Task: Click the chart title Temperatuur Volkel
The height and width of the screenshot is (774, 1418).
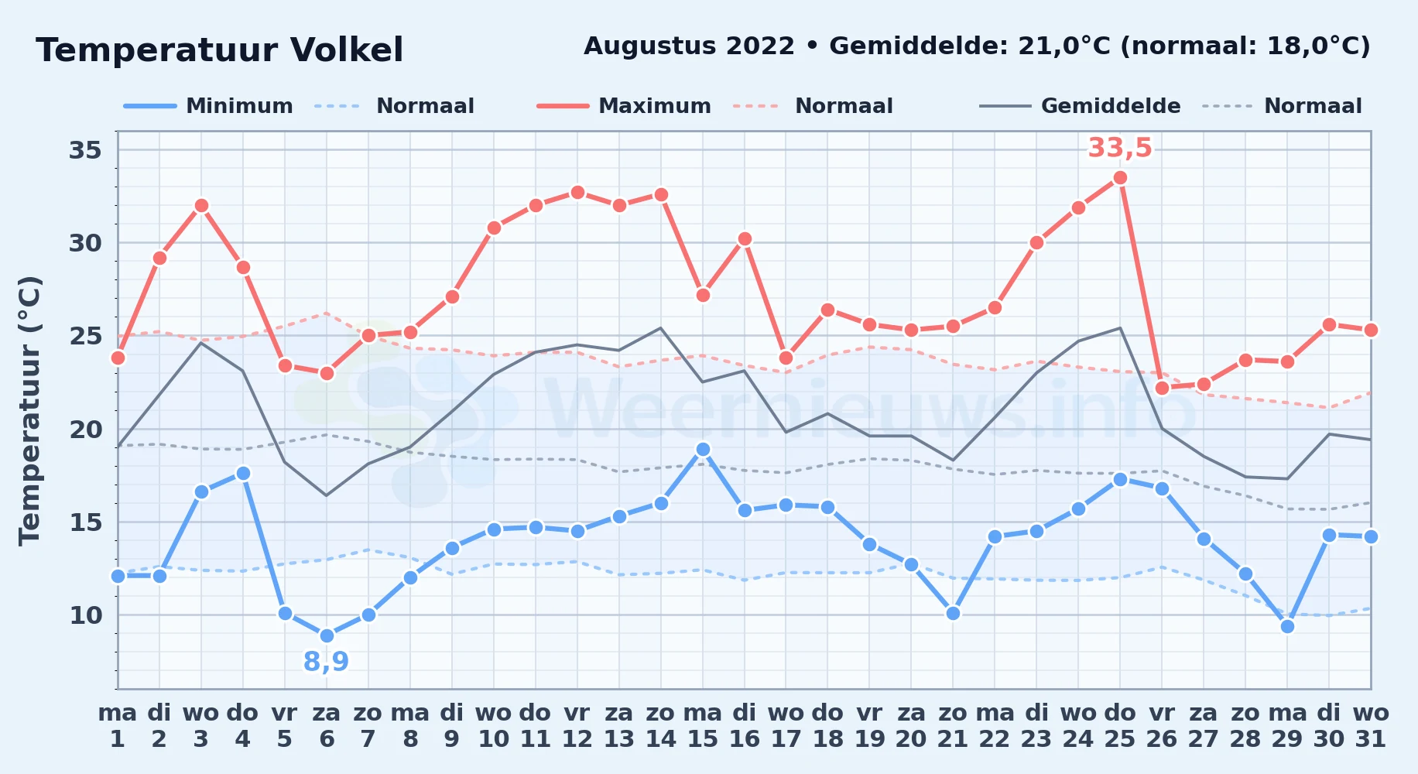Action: [x=220, y=50]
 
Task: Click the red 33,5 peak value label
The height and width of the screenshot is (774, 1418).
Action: [x=1120, y=147]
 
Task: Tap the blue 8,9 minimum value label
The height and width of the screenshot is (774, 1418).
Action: [x=326, y=662]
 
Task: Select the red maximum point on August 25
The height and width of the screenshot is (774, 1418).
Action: [x=1120, y=178]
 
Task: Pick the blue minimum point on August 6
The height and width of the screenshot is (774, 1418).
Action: [x=327, y=635]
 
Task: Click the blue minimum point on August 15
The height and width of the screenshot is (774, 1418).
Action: [x=703, y=449]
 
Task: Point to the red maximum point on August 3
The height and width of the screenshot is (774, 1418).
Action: [x=201, y=206]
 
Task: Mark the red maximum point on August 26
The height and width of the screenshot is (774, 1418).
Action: [x=1162, y=388]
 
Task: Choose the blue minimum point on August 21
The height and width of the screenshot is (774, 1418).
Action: [x=953, y=613]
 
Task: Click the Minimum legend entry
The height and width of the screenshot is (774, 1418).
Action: [x=208, y=106]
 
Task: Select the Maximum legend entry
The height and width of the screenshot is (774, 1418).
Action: [x=624, y=106]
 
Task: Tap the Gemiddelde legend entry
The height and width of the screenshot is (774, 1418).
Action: [x=1081, y=106]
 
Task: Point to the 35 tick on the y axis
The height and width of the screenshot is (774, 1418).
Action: [x=85, y=149]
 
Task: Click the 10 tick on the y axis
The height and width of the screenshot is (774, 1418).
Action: [x=85, y=615]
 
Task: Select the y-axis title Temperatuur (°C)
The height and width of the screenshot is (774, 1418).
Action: [x=29, y=410]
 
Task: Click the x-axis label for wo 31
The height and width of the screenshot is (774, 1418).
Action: [x=1371, y=725]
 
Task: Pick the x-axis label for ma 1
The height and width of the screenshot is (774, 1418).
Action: [x=118, y=725]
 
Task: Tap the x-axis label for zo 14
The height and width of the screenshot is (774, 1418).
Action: [x=661, y=725]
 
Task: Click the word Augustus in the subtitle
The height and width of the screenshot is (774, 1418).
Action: [x=689, y=46]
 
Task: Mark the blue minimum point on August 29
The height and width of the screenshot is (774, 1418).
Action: [x=1287, y=626]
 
